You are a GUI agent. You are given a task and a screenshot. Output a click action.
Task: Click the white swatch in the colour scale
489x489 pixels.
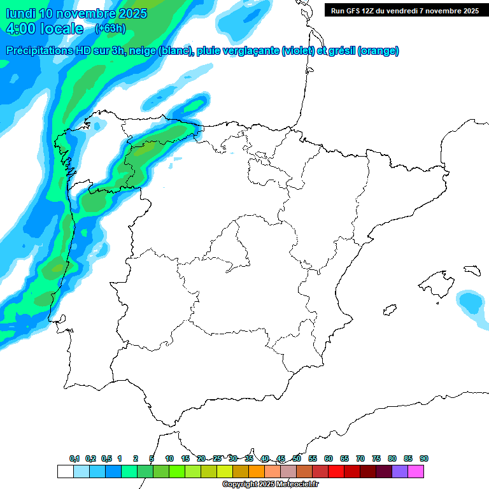pos(65,471)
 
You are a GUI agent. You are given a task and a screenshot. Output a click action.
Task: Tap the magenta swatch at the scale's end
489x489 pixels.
pos(416,471)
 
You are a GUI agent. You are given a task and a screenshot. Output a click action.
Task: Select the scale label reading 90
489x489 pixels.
pos(424,458)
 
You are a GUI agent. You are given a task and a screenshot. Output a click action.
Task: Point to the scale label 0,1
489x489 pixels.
pos(74,458)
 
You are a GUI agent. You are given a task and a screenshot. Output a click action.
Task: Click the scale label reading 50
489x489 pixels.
pos(297,458)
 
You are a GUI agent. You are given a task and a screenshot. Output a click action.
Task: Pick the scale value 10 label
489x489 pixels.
pos(169,458)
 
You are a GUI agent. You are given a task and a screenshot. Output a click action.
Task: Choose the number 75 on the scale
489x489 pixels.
pos(376,458)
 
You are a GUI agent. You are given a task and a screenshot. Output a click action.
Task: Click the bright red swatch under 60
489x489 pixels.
pos(336,471)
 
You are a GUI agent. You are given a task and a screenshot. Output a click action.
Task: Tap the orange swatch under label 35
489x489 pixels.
pos(257,471)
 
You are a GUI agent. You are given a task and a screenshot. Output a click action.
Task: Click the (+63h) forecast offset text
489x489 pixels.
pos(110,28)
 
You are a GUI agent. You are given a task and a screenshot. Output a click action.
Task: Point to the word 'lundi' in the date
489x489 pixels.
pos(20,13)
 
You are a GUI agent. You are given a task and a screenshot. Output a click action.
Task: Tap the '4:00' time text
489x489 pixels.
pos(21,29)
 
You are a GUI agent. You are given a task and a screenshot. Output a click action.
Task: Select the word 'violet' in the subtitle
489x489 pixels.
pos(297,51)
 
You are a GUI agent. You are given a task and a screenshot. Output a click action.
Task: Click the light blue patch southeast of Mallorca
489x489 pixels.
pos(471,306)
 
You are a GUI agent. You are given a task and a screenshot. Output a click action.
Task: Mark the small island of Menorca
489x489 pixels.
pos(472,270)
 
